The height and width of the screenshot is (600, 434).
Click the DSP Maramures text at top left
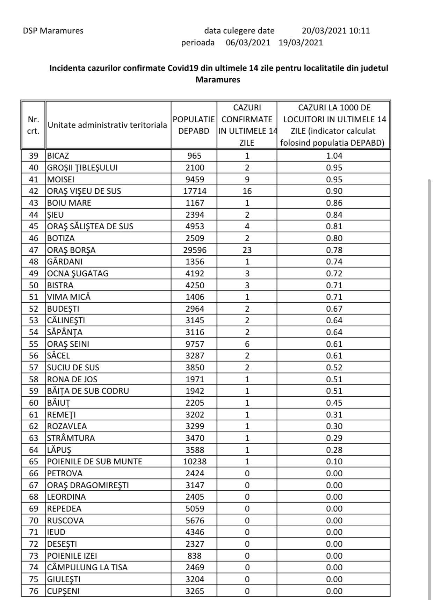pyautogui.click(x=53, y=31)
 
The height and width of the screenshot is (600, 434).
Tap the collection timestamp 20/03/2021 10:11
pyautogui.click(x=335, y=31)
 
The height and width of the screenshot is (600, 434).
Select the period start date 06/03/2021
pyautogui.click(x=248, y=43)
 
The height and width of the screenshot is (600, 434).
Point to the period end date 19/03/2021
pyautogui.click(x=301, y=43)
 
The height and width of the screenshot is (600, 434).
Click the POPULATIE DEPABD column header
pyautogui.click(x=194, y=125)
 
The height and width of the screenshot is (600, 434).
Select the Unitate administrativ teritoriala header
pyautogui.click(x=107, y=125)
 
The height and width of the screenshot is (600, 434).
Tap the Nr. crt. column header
pyautogui.click(x=34, y=125)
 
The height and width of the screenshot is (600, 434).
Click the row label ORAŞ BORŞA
pyautogui.click(x=72, y=250)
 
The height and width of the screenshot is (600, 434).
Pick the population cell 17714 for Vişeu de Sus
pyautogui.click(x=195, y=191)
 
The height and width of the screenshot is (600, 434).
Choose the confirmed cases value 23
pyautogui.click(x=247, y=250)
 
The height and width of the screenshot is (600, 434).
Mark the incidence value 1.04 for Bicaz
pyautogui.click(x=334, y=156)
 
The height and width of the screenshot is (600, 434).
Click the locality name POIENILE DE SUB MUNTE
pyautogui.click(x=95, y=462)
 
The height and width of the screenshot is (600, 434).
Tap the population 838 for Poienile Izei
pyautogui.click(x=195, y=556)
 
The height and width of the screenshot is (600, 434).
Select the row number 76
pyautogui.click(x=34, y=591)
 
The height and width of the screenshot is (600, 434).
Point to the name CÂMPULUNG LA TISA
pyautogui.click(x=87, y=568)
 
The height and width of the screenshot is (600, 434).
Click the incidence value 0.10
pyautogui.click(x=334, y=462)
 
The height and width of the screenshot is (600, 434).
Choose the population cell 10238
pyautogui.click(x=195, y=462)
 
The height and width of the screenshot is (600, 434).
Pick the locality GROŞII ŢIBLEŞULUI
pyautogui.click(x=82, y=168)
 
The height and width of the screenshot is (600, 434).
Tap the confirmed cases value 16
pyautogui.click(x=247, y=191)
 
